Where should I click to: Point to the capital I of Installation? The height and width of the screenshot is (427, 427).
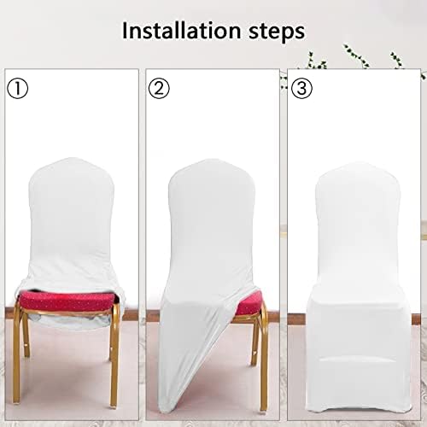coord(125,32)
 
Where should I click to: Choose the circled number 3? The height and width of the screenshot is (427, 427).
coord(301,88)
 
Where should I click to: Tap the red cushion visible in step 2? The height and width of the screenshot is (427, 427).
coord(248,301)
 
